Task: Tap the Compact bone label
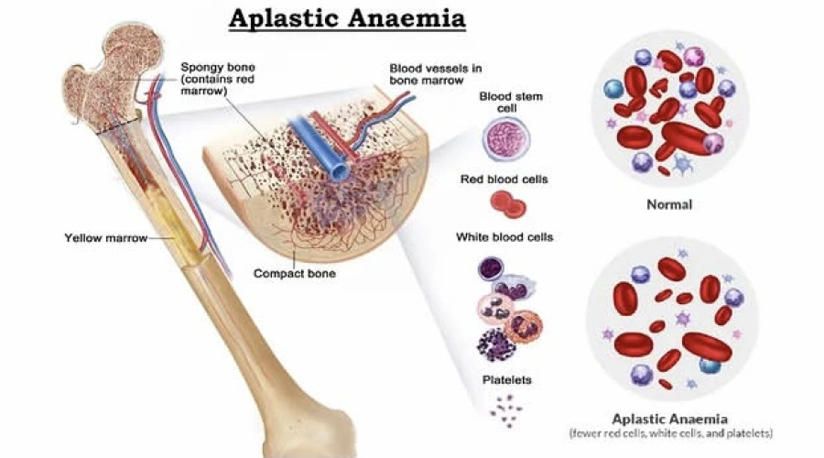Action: click(294, 273)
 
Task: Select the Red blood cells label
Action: click(504, 180)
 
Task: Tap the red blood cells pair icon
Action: click(506, 205)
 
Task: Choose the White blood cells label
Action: click(504, 238)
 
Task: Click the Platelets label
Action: click(506, 379)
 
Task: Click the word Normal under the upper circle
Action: click(669, 204)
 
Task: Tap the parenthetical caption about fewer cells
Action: click(671, 431)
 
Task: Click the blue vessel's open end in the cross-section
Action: click(341, 172)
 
